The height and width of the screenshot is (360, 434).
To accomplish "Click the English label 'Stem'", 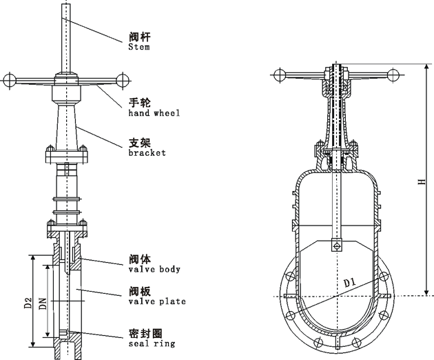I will click(x=138, y=48).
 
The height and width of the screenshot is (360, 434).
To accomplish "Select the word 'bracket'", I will click(x=147, y=153).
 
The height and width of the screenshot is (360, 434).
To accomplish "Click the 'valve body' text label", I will click(x=154, y=269).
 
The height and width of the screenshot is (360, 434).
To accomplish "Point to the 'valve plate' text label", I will click(x=156, y=301).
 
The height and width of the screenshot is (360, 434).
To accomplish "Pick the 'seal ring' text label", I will click(x=152, y=342).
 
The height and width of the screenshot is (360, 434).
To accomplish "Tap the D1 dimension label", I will click(x=349, y=282).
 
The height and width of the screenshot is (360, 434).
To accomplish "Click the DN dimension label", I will click(x=43, y=301).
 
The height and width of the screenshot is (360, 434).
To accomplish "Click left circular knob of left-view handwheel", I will click(x=8, y=80).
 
